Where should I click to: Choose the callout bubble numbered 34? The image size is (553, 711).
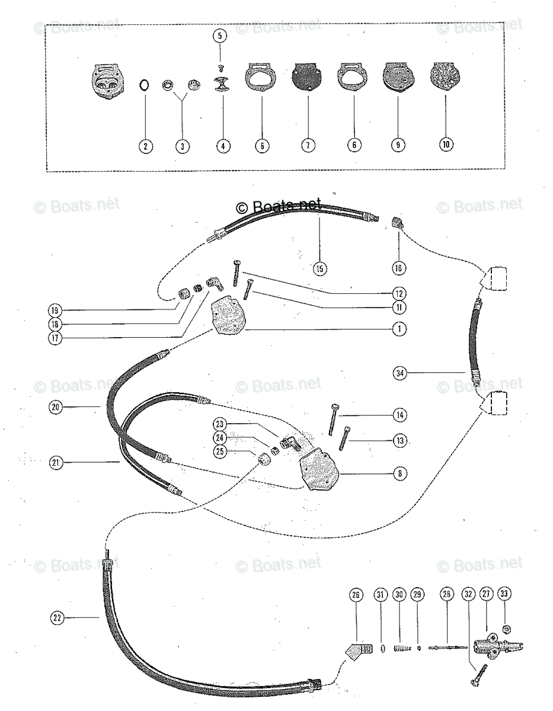pyautogui.click(x=400, y=373)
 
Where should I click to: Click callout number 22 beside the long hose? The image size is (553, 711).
pyautogui.click(x=57, y=618)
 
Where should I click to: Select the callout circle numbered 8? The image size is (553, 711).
pyautogui.click(x=399, y=473)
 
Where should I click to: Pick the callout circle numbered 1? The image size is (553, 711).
pyautogui.click(x=399, y=328)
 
